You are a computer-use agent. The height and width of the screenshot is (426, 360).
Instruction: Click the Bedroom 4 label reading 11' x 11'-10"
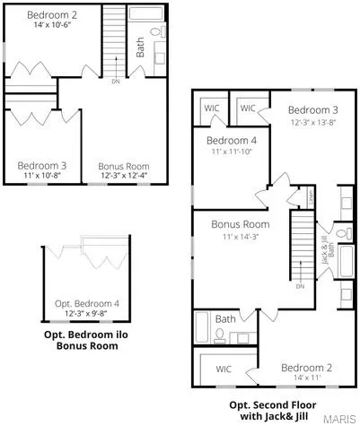pos(231,153)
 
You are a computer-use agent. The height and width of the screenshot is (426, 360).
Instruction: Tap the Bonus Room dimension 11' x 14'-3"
pos(240,236)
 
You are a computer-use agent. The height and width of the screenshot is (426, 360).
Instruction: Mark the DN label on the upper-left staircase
pos(115,81)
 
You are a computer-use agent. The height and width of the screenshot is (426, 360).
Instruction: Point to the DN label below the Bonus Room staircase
pos(301,286)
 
